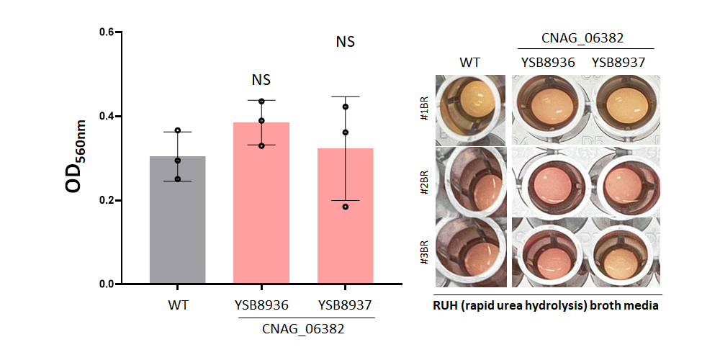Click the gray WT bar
pyautogui.click(x=177, y=220)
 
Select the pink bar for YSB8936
pyautogui.click(x=261, y=203)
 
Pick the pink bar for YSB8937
pyautogui.click(x=346, y=216)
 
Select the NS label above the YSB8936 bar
pyautogui.click(x=261, y=80)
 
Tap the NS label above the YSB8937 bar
pyautogui.click(x=346, y=42)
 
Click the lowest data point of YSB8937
pyautogui.click(x=346, y=207)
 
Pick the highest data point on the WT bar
pyautogui.click(x=178, y=130)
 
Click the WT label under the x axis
pyautogui.click(x=178, y=305)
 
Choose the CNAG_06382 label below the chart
pyautogui.click(x=303, y=329)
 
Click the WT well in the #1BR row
pyautogui.click(x=470, y=110)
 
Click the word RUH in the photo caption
pyautogui.click(x=444, y=306)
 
